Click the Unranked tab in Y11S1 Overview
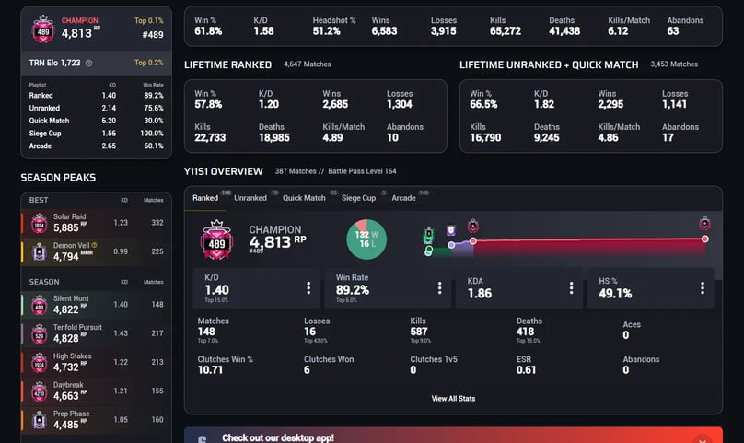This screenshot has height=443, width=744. click(250, 198)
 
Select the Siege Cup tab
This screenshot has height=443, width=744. click(358, 198)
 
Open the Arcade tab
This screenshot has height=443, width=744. click(403, 198)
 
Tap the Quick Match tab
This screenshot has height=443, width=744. click(304, 198)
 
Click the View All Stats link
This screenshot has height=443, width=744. click(453, 399)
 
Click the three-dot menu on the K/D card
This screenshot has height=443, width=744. click(308, 288)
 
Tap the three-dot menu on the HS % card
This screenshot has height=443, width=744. click(702, 288)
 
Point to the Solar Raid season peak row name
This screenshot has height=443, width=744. click(70, 216)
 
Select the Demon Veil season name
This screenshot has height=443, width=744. click(72, 245)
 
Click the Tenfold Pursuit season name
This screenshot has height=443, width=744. click(78, 328)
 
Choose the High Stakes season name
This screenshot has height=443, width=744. click(72, 356)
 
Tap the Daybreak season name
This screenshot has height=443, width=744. click(69, 385)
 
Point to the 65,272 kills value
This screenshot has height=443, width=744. click(506, 31)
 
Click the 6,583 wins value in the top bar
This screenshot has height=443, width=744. click(384, 31)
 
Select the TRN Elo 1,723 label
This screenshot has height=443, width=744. click(55, 63)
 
